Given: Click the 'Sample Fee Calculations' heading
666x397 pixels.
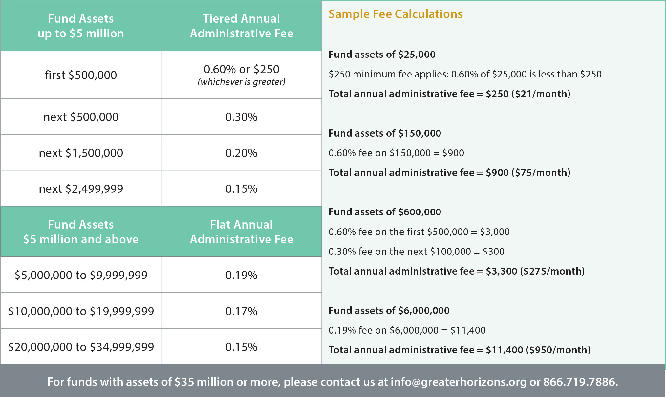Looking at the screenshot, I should [x=395, y=14].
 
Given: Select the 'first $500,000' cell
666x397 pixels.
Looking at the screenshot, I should [x=81, y=75].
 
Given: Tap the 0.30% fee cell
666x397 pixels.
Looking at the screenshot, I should [x=241, y=117].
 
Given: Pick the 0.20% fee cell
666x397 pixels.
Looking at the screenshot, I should [x=241, y=153].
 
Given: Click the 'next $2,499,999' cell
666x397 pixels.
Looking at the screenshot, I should [x=81, y=189].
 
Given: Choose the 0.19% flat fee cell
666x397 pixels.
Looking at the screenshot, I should [x=241, y=275].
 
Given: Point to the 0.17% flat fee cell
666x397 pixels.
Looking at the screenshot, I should [x=241, y=311].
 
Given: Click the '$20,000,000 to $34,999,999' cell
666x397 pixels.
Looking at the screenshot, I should [x=81, y=347].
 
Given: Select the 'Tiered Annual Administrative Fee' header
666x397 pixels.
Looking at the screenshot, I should [x=241, y=26].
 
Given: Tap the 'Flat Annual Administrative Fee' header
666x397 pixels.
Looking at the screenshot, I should [x=241, y=232].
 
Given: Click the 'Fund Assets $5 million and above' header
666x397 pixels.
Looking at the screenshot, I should [x=81, y=232].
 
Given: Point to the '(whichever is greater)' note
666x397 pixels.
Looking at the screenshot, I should [x=241, y=82].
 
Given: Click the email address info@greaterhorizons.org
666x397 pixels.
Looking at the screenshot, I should [x=458, y=382].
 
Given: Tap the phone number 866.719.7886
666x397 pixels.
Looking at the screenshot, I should [x=580, y=382].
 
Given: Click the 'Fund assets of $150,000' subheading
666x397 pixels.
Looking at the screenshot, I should [x=385, y=133].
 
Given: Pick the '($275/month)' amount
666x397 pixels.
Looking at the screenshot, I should [x=552, y=271].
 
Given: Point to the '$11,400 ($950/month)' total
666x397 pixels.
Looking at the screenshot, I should [x=538, y=350].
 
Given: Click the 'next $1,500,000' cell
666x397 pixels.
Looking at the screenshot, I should [x=81, y=153].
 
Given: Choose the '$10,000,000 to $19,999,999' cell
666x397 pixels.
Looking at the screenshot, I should [x=81, y=311].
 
